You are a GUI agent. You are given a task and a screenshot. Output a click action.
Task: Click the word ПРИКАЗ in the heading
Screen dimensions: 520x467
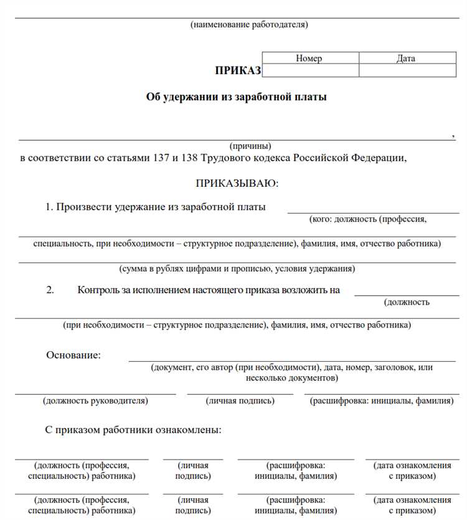(x=238, y=70)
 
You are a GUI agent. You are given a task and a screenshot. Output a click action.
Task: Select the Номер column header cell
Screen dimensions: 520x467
(x=309, y=59)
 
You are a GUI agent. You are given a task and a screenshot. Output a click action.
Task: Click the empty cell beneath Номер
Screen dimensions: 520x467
(x=309, y=70)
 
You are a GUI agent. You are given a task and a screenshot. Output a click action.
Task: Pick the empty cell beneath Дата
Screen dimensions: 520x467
(x=407, y=70)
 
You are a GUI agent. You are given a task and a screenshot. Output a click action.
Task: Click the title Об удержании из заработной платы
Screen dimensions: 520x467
(x=236, y=97)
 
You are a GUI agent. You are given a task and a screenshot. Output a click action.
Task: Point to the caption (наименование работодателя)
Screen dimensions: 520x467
(x=249, y=25)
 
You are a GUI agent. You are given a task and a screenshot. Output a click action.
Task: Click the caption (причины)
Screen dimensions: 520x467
(x=250, y=146)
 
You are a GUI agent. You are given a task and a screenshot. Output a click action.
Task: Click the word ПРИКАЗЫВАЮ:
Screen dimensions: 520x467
(x=237, y=184)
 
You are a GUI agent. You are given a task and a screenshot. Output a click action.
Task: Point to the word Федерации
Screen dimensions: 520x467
(x=379, y=158)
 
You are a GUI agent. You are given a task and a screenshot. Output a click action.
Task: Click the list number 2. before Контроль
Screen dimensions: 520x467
(x=50, y=290)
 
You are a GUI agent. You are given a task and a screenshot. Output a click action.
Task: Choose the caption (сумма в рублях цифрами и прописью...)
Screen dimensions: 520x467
(x=237, y=269)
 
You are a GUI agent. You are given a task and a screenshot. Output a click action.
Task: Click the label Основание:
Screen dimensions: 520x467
(x=73, y=355)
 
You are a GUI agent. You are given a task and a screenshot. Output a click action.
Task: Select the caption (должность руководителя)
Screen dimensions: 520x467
(x=95, y=401)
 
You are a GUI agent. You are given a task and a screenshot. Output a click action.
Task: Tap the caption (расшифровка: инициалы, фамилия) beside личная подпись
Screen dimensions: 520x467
(x=382, y=401)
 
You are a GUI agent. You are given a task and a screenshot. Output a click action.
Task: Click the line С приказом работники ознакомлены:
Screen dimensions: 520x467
(x=133, y=430)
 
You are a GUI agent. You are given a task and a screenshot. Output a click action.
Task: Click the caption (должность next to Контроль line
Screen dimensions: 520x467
(x=407, y=303)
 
